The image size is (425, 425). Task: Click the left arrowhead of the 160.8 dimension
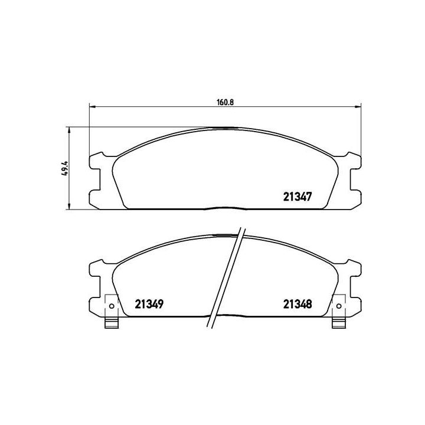pos(92,107)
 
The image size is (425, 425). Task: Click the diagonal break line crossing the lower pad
pos(229,277)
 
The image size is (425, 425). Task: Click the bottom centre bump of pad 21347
pos(225,208)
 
